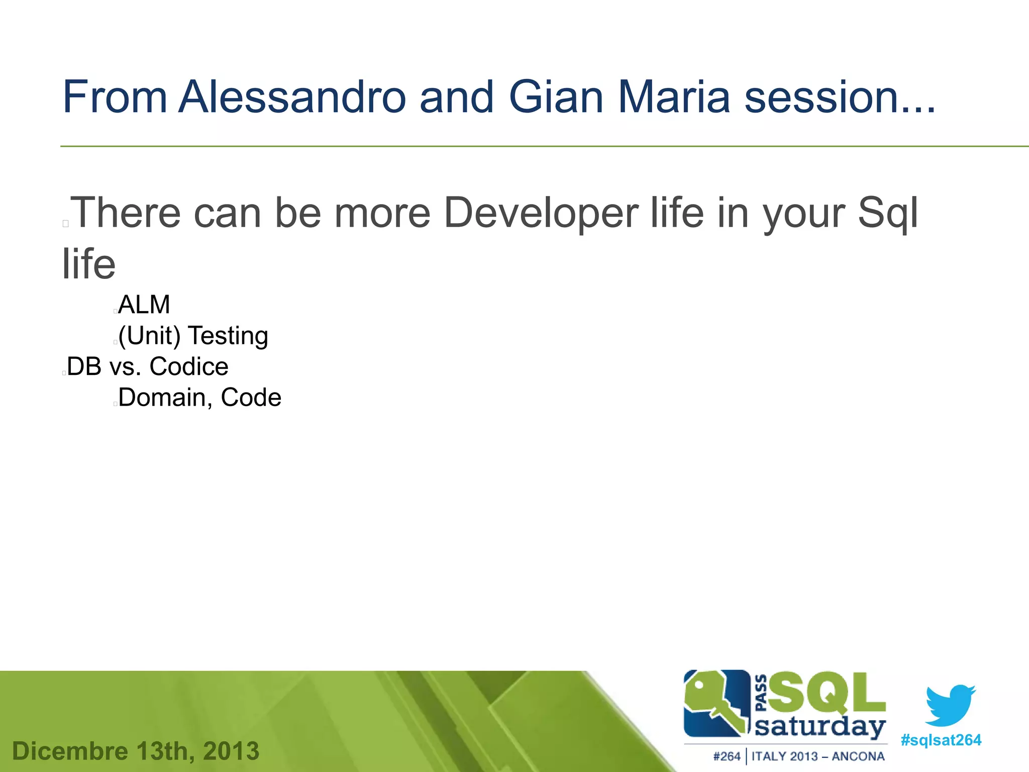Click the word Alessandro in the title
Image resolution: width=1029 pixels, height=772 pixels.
click(x=292, y=96)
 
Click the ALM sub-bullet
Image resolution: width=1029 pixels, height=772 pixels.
click(x=144, y=305)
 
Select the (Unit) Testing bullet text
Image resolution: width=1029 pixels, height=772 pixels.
click(x=193, y=336)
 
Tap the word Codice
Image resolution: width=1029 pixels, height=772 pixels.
click(x=189, y=366)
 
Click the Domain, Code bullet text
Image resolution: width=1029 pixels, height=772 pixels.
click(x=199, y=398)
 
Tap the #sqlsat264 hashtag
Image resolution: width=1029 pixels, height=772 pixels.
click(x=941, y=740)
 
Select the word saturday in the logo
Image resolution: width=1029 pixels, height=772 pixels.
click(x=820, y=727)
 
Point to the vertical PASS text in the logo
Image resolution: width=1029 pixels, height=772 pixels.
click(x=761, y=693)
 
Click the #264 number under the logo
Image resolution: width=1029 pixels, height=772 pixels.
click(x=727, y=756)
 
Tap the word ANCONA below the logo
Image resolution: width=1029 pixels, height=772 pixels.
click(x=858, y=756)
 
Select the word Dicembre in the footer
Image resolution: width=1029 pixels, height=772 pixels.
click(x=70, y=751)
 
